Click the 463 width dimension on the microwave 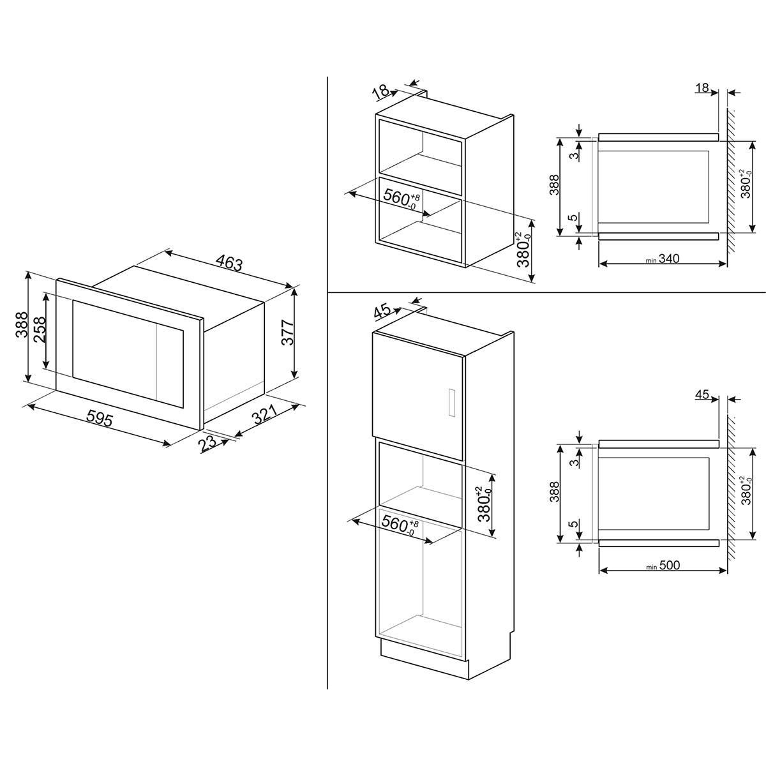(x=229, y=263)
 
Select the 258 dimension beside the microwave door (x=40, y=329)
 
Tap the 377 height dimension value (x=287, y=333)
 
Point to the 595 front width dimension (x=100, y=419)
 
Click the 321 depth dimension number (x=264, y=414)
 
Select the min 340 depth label (x=663, y=259)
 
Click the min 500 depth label (x=663, y=565)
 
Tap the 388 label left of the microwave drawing (x=22, y=324)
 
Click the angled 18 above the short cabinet (x=381, y=93)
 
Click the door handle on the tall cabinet (x=452, y=402)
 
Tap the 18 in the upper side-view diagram (x=702, y=88)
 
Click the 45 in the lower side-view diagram (x=702, y=394)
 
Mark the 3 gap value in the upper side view (x=573, y=156)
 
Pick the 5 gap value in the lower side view (x=573, y=523)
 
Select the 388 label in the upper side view (x=554, y=185)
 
